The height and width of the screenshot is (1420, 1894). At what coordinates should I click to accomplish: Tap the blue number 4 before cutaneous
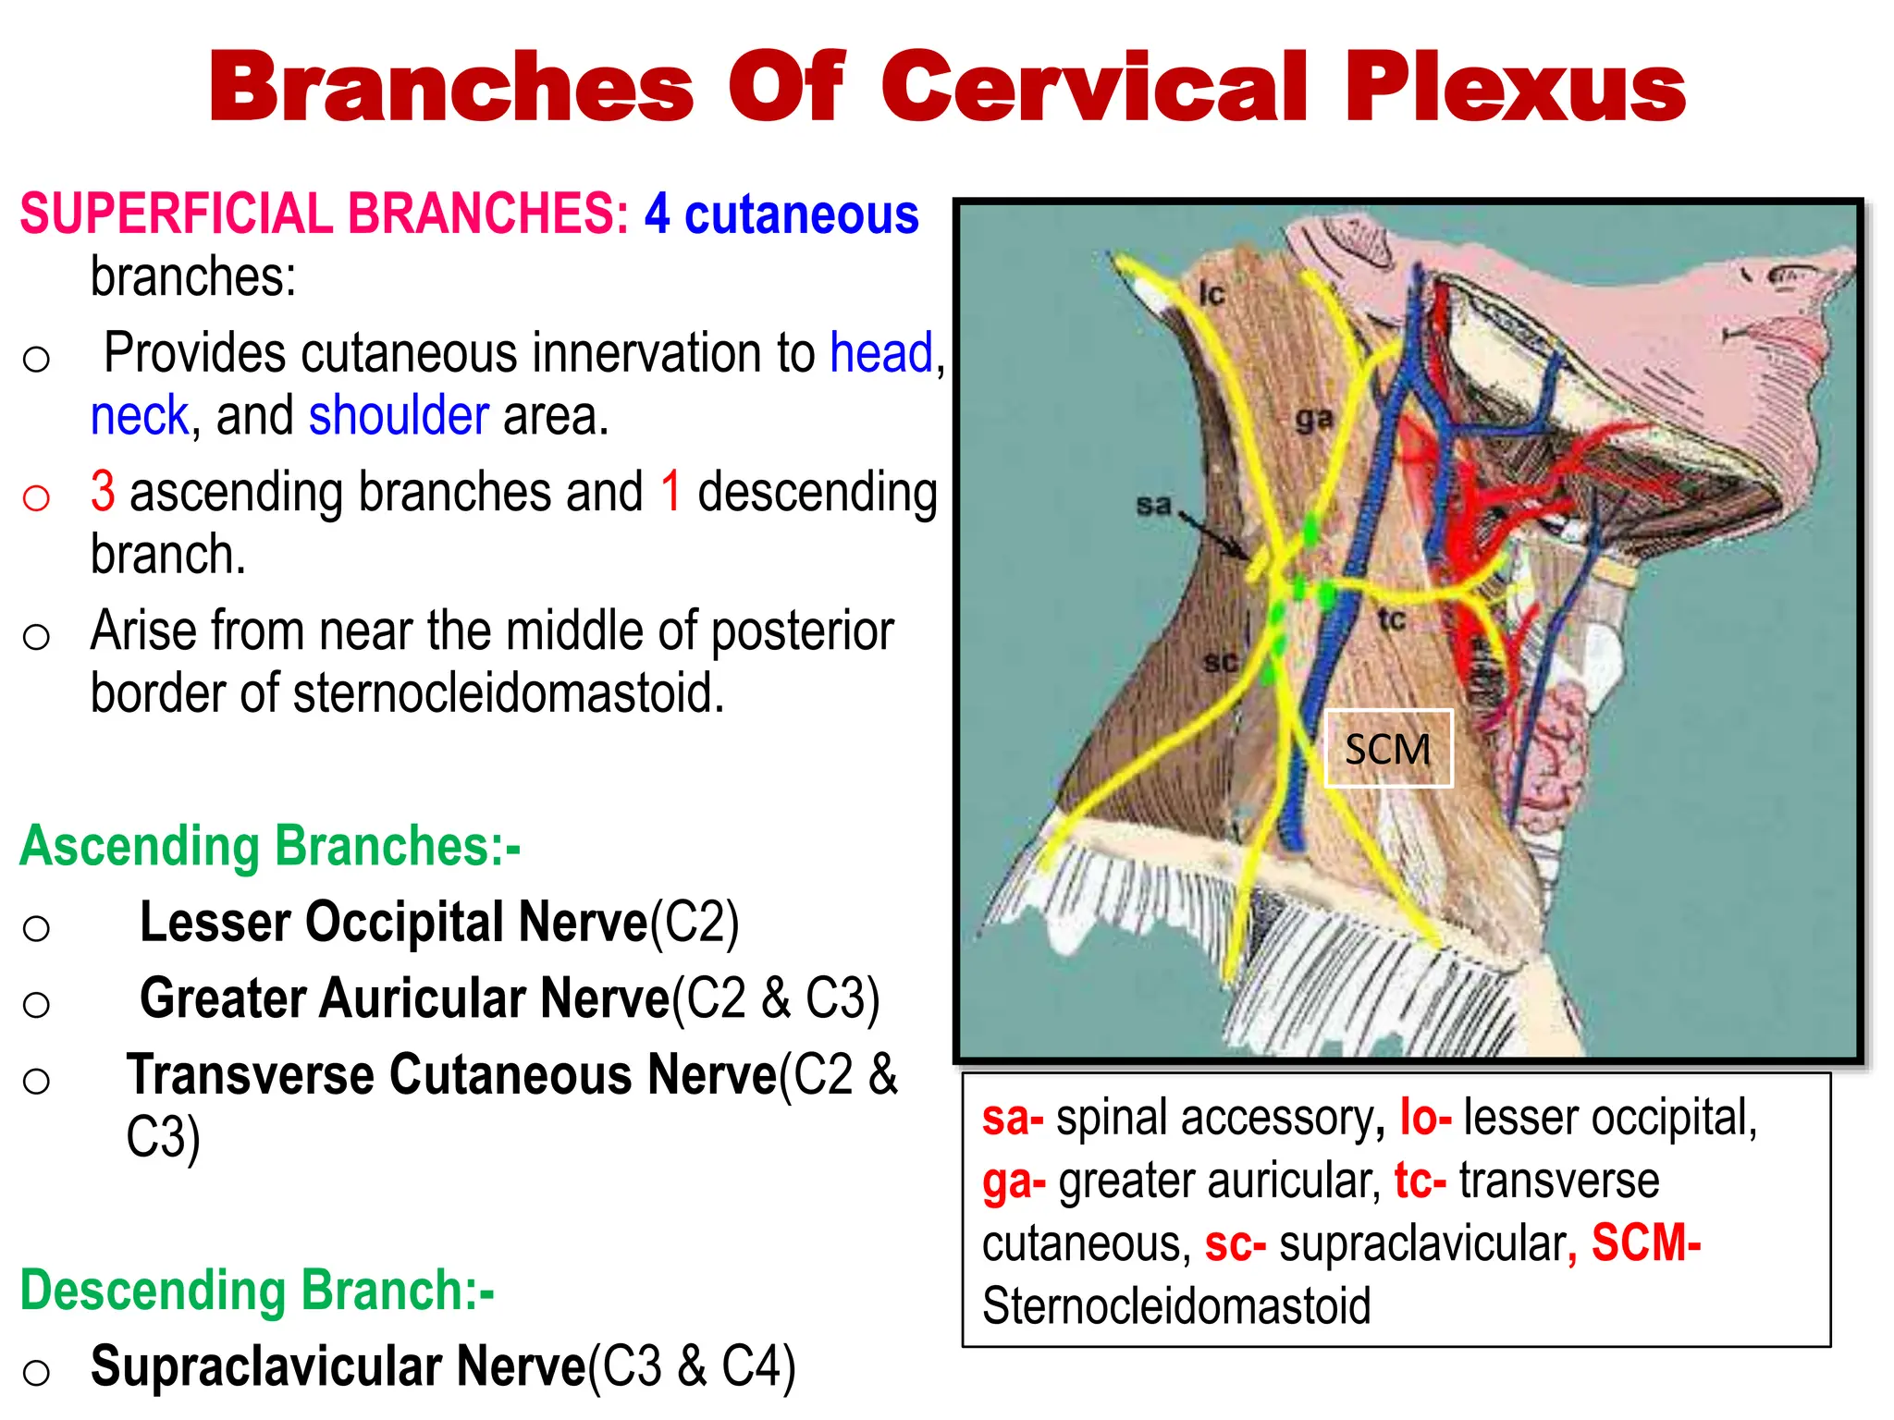coord(657,214)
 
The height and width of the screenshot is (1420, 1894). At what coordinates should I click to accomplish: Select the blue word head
coord(881,353)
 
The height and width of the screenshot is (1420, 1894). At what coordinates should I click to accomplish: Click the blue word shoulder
coord(399,416)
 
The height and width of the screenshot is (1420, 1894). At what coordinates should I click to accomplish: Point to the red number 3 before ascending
coord(103,491)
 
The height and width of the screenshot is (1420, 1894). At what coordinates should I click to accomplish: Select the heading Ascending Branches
coord(269,846)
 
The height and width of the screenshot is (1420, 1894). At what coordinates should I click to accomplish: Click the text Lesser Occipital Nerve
coord(393,923)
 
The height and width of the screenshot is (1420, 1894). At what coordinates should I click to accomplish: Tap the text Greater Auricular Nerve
coord(404,998)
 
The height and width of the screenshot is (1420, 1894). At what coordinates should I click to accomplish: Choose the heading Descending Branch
coord(257,1291)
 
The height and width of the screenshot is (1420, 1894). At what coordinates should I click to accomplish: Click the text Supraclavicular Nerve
coord(338,1366)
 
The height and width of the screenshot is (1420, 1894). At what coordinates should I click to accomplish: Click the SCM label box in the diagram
coord(1387,749)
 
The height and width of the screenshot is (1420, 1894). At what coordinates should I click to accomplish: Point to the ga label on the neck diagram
coord(1313,419)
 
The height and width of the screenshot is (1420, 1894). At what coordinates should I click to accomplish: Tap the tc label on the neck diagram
coord(1391,619)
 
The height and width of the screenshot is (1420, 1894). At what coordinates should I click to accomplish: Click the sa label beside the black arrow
coord(1153,505)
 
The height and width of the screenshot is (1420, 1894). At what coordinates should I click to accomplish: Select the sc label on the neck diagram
coord(1220,662)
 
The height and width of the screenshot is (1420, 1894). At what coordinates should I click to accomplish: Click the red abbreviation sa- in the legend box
coord(1012,1118)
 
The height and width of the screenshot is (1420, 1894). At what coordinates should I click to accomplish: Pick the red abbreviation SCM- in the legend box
coord(1645,1243)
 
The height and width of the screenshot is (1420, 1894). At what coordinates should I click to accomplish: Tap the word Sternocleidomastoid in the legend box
coord(1175,1306)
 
